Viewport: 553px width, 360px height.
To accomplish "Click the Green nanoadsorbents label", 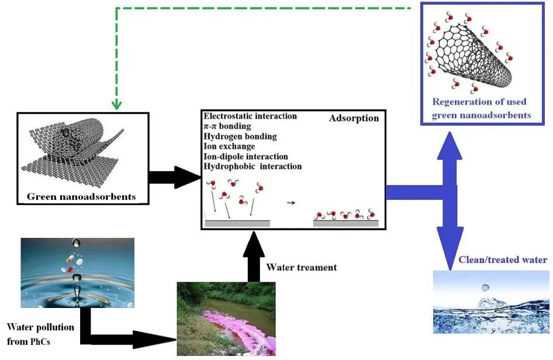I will coord(81,197).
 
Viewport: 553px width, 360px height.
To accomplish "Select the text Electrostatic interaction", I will coord(250,116).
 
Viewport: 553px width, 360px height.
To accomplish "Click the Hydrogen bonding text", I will coord(240,136).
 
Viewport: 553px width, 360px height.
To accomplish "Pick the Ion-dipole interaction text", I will coord(246,156).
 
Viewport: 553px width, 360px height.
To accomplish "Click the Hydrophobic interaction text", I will coord(253,166).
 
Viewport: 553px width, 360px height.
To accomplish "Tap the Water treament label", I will coord(302,267).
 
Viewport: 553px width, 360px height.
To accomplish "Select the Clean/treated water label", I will coord(502,260).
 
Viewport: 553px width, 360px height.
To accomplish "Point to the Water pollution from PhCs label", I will coord(40,334).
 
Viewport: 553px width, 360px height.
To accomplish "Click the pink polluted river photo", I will coord(227,319).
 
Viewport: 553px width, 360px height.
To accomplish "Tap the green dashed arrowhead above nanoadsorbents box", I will coord(116,105).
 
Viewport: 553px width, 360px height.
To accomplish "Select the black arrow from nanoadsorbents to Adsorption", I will coord(175,176).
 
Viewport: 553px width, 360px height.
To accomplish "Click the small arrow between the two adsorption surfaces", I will coord(291,204).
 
